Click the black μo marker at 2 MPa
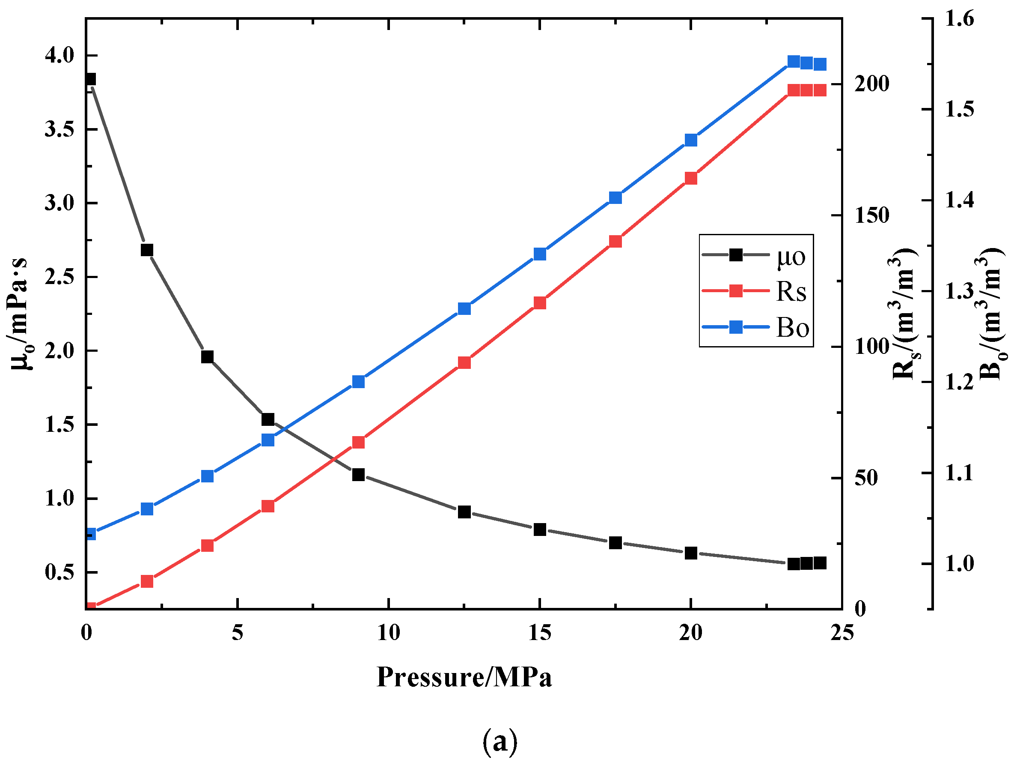pyautogui.click(x=147, y=250)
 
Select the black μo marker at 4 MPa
pyautogui.click(x=207, y=356)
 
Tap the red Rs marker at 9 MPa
pyautogui.click(x=359, y=442)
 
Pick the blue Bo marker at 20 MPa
pyautogui.click(x=691, y=140)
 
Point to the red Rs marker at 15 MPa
pyautogui.click(x=540, y=303)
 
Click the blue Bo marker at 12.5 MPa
pyautogui.click(x=464, y=308)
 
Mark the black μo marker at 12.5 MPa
pyautogui.click(x=464, y=512)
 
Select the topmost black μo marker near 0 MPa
pyautogui.click(x=90, y=79)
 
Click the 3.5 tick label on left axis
pyautogui.click(x=59, y=129)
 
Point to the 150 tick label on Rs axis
pyautogui.click(x=871, y=215)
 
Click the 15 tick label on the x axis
pyautogui.click(x=540, y=634)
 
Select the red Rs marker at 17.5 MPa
pyautogui.click(x=616, y=241)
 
